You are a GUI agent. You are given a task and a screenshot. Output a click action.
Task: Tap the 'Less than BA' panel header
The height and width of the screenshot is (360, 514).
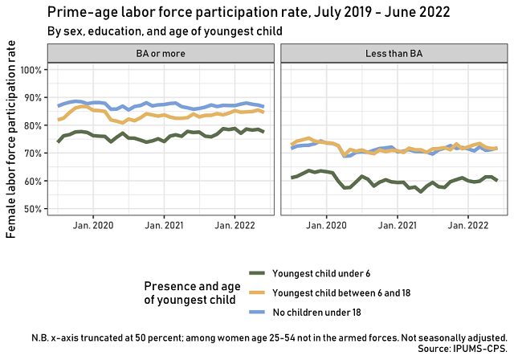(x=394, y=52)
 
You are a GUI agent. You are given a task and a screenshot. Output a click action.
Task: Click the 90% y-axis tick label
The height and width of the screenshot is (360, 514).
(x=31, y=98)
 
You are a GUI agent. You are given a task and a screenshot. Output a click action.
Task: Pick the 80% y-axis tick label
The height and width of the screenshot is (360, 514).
(x=31, y=126)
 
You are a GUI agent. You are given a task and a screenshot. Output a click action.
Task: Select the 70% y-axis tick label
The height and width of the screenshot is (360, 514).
(x=31, y=153)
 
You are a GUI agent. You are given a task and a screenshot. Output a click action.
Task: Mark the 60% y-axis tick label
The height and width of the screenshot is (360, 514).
(x=31, y=182)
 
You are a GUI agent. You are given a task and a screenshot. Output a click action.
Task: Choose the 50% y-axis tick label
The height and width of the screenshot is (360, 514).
(x=31, y=210)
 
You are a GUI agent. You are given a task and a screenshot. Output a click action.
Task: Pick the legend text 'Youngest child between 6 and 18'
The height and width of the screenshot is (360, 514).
(x=342, y=293)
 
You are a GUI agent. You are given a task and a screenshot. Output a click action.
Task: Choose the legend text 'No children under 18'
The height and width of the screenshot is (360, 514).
(x=317, y=311)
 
